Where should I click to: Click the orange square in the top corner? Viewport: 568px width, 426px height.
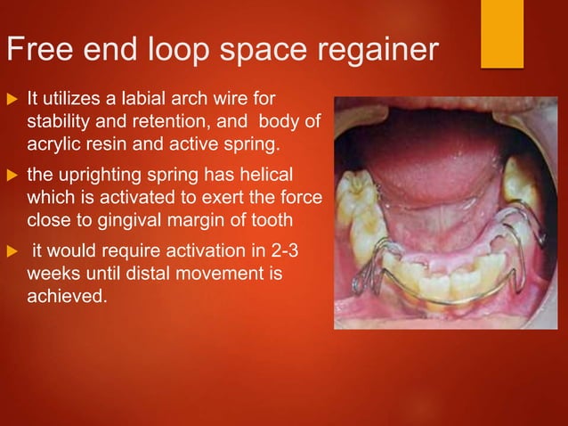tap(502, 34)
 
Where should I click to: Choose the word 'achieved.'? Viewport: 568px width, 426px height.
tap(67, 297)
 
